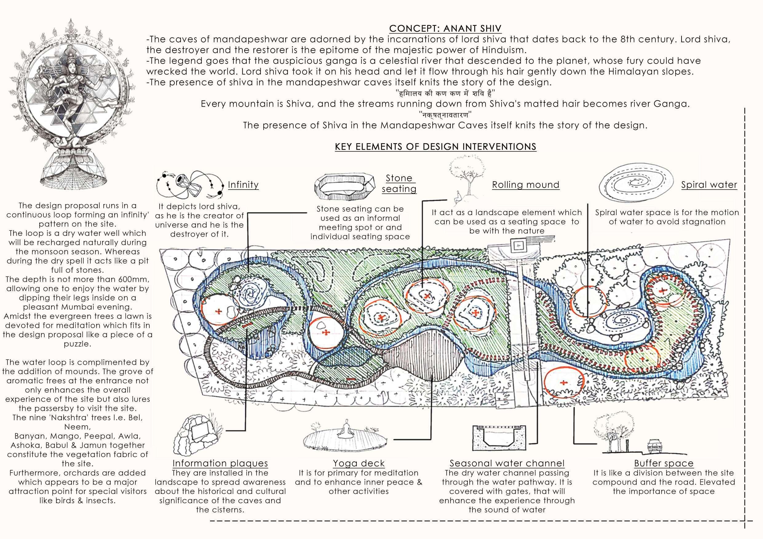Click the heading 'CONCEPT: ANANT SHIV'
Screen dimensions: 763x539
click(445, 29)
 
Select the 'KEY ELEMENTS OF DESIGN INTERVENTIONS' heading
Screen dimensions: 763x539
click(435, 147)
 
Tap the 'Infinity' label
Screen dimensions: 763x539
click(243, 185)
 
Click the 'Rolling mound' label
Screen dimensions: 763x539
click(525, 185)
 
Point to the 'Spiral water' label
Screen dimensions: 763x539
click(709, 185)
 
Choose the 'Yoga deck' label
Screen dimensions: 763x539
click(359, 463)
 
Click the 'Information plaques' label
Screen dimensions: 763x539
click(220, 463)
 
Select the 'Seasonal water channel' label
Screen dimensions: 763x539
click(507, 463)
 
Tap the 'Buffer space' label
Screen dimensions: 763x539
click(664, 463)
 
